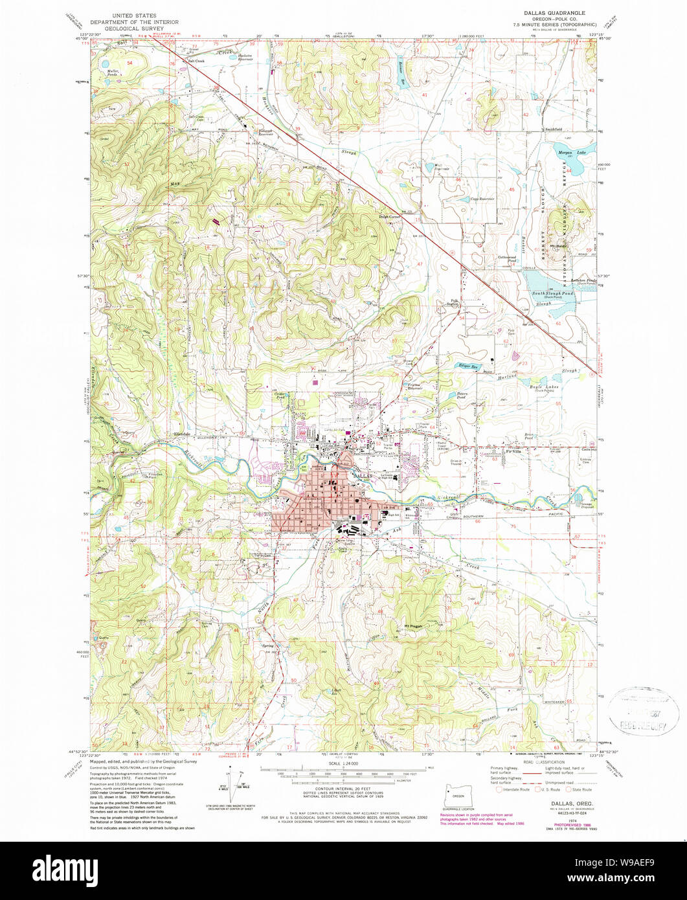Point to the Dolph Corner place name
tap(390, 217)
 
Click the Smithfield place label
tap(552, 129)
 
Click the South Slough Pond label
tap(554, 293)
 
